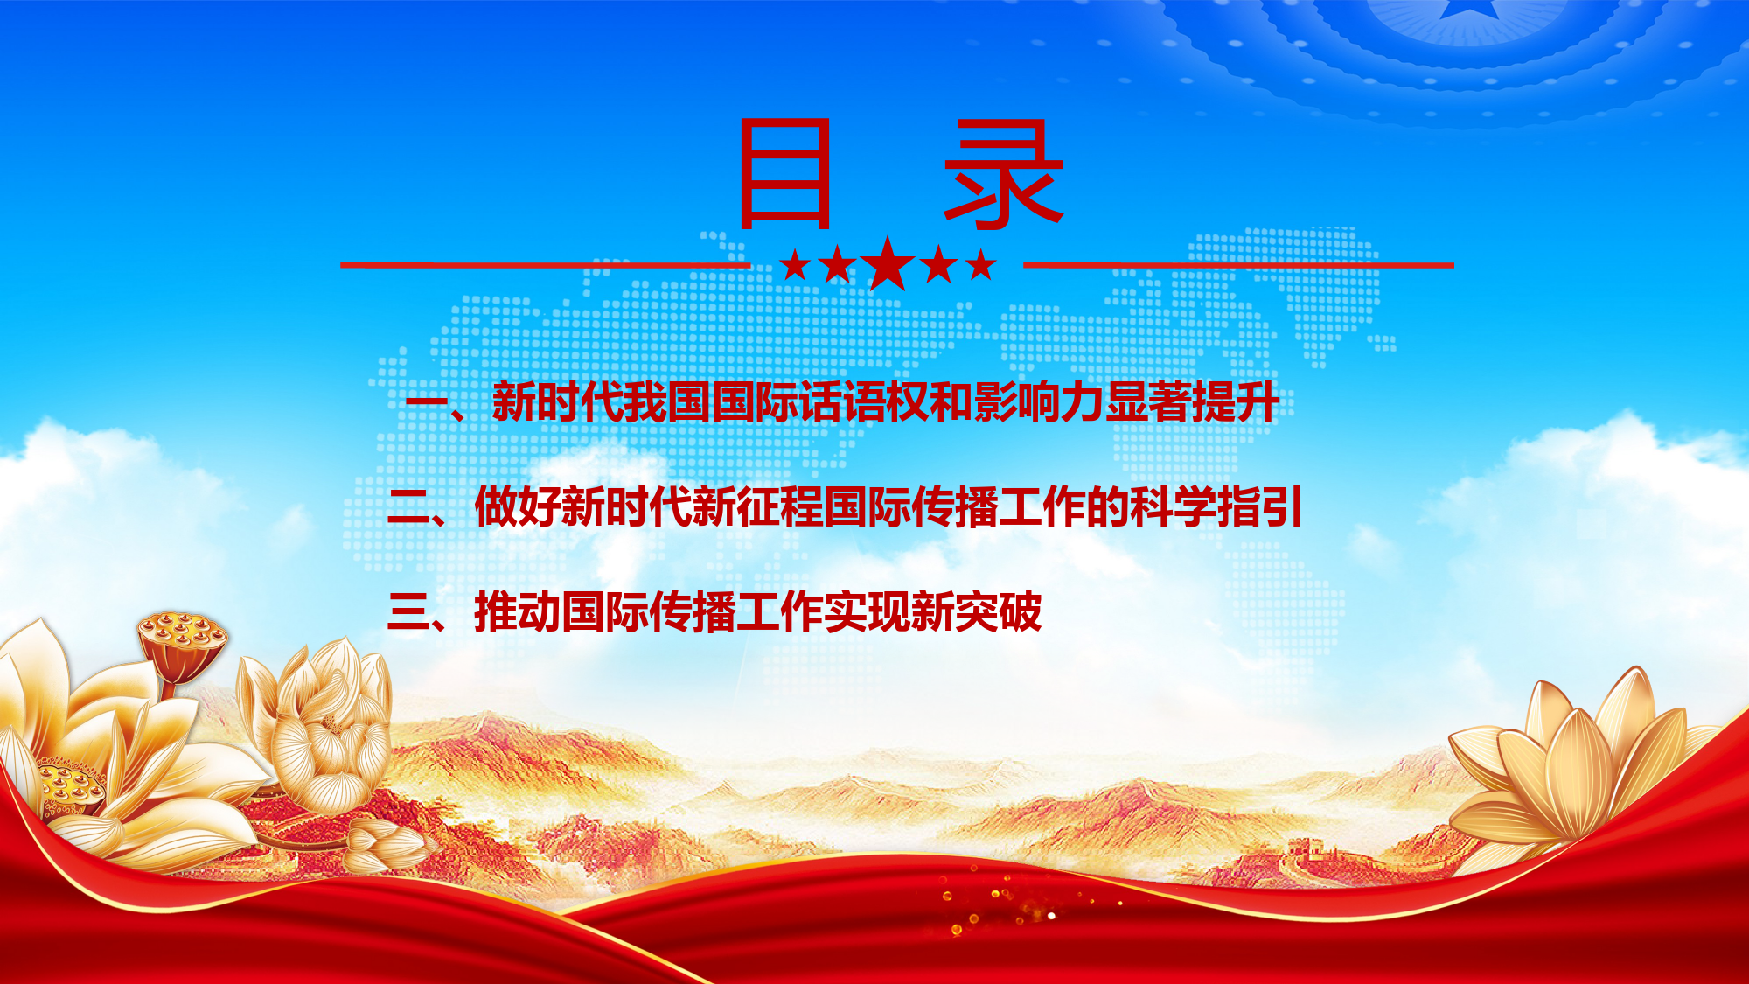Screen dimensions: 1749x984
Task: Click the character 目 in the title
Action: click(x=784, y=173)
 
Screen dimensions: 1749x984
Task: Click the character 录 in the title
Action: click(x=1003, y=173)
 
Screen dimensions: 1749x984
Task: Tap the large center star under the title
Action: click(x=888, y=263)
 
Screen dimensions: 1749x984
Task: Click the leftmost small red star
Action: click(x=795, y=264)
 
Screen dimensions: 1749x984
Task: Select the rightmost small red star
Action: click(x=981, y=264)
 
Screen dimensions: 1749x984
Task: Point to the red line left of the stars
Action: click(x=546, y=264)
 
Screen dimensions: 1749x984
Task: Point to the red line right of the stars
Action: click(x=1238, y=264)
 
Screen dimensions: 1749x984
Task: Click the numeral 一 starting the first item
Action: click(x=427, y=403)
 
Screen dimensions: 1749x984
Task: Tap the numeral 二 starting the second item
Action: click(x=408, y=507)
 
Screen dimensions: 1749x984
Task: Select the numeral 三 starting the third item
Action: click(x=408, y=611)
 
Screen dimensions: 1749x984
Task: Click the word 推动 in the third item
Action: click(x=517, y=611)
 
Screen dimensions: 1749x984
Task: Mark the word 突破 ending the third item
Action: click(x=998, y=611)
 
